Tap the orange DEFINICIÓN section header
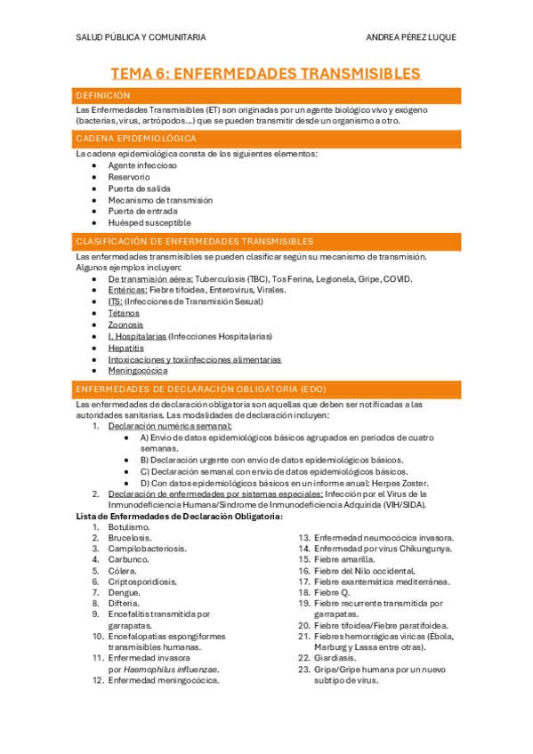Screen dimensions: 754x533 click(x=104, y=95)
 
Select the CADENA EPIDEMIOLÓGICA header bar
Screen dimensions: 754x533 click(x=136, y=139)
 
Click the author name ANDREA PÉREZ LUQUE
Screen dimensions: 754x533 click(x=412, y=37)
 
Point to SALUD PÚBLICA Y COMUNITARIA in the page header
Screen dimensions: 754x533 click(x=141, y=37)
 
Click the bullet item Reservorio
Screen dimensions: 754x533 click(x=129, y=177)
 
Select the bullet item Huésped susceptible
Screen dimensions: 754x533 click(x=149, y=223)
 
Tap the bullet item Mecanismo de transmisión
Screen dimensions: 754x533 click(x=161, y=200)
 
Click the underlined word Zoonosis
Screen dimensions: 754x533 click(x=125, y=325)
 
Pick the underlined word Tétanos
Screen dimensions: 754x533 click(x=124, y=313)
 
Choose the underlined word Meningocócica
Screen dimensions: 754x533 click(x=138, y=371)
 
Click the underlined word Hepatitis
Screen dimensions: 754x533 click(x=125, y=348)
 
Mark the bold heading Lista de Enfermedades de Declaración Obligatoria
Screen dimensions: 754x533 click(x=181, y=516)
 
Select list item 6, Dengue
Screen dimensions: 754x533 click(x=124, y=591)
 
